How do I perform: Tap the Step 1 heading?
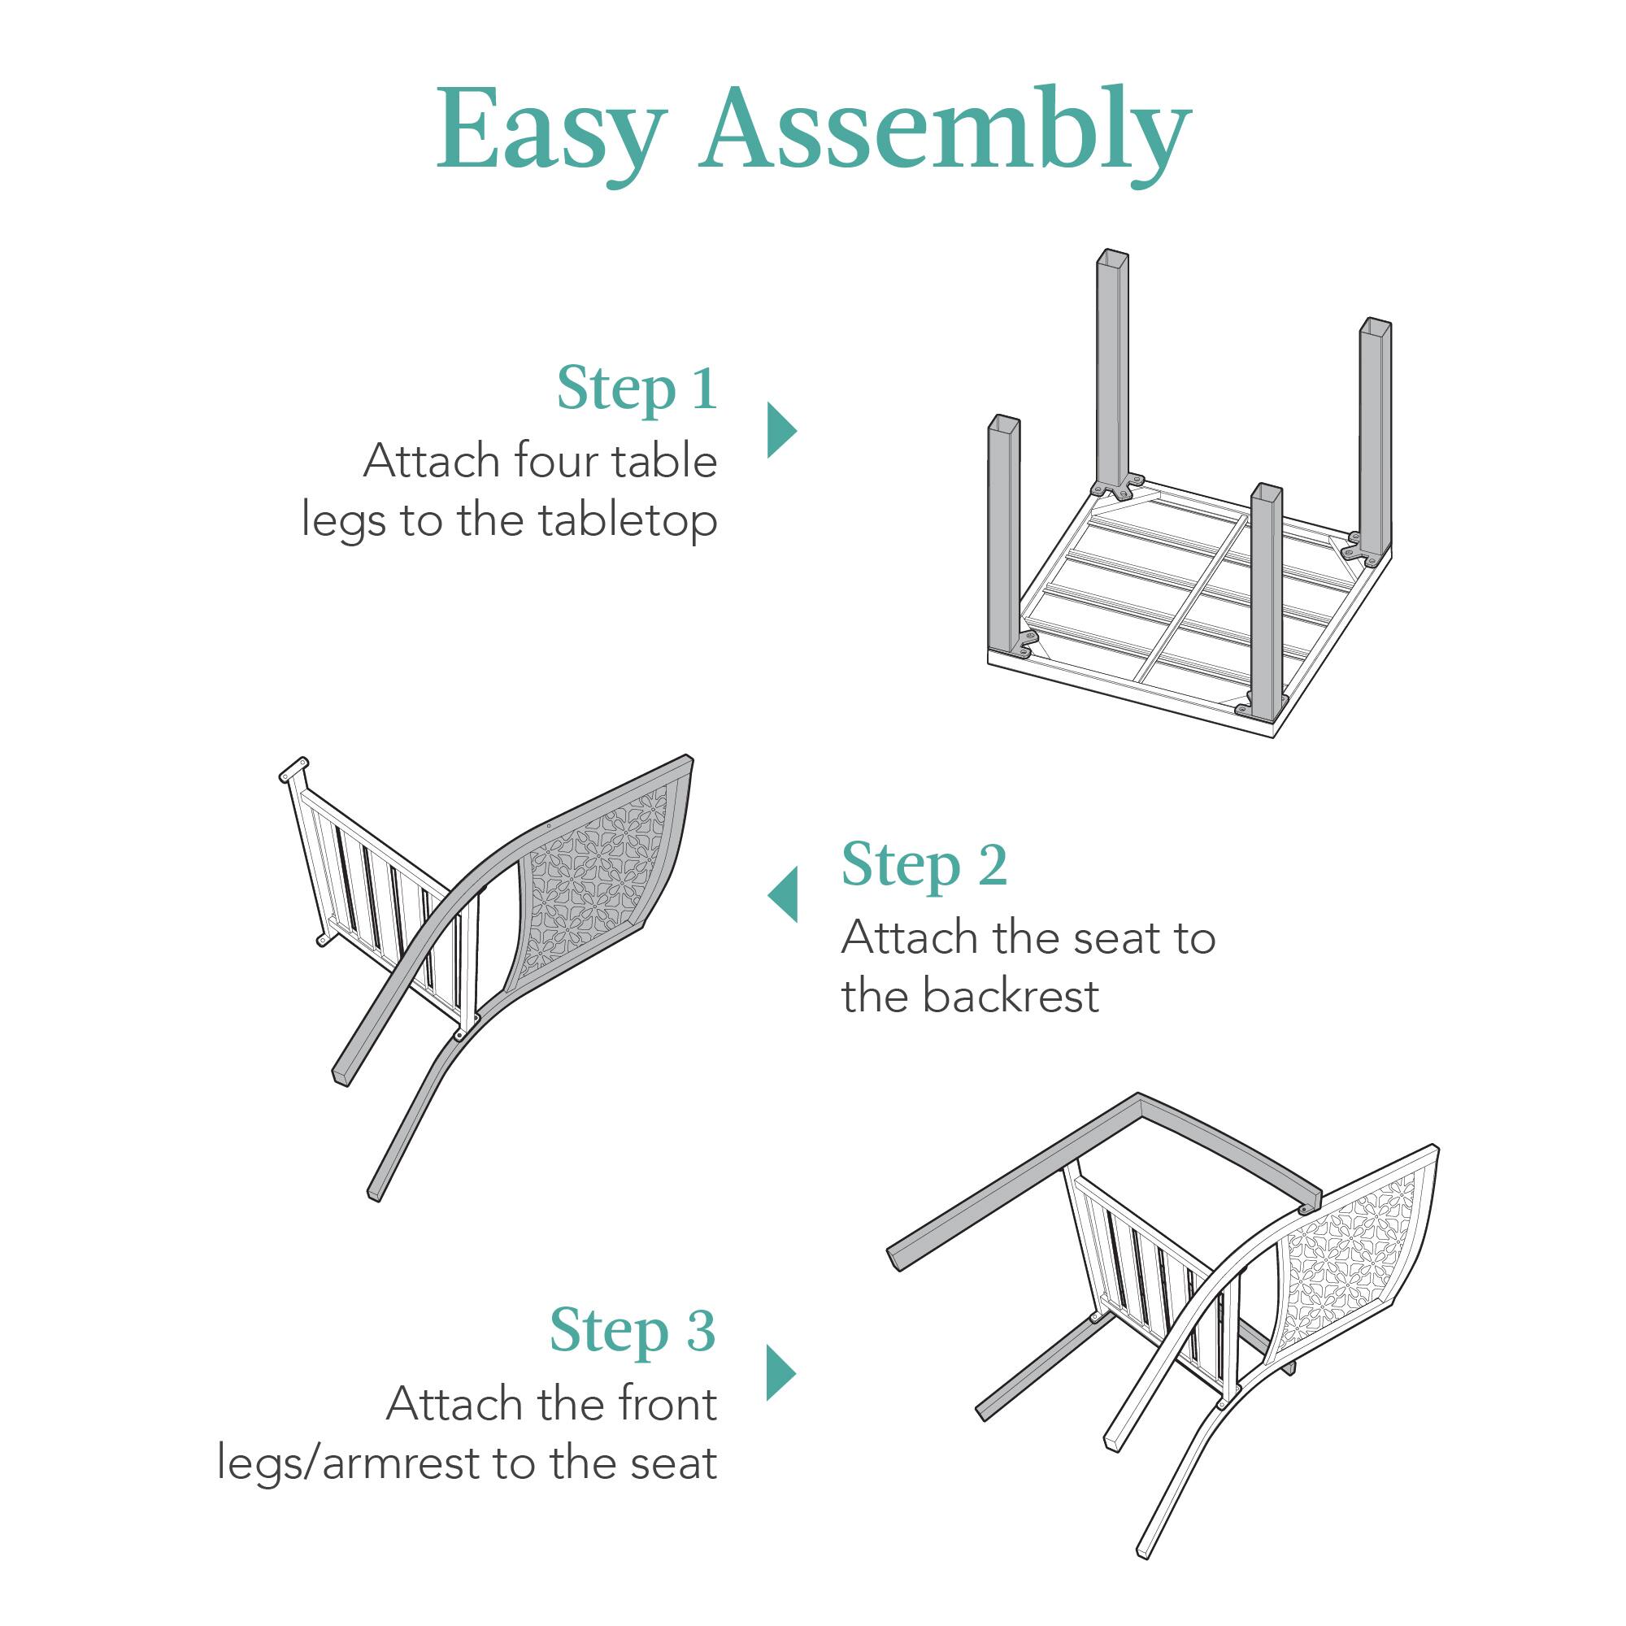pyautogui.click(x=637, y=389)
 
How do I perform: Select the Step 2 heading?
pyautogui.click(x=924, y=865)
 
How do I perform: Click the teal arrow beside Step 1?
pyautogui.click(x=780, y=430)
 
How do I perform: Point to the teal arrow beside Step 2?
pyautogui.click(x=783, y=893)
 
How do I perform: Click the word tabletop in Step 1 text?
pyautogui.click(x=628, y=521)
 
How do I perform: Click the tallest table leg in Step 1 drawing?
pyautogui.click(x=1111, y=370)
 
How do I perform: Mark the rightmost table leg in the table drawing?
pyautogui.click(x=1374, y=437)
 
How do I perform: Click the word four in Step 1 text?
pyautogui.click(x=555, y=461)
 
